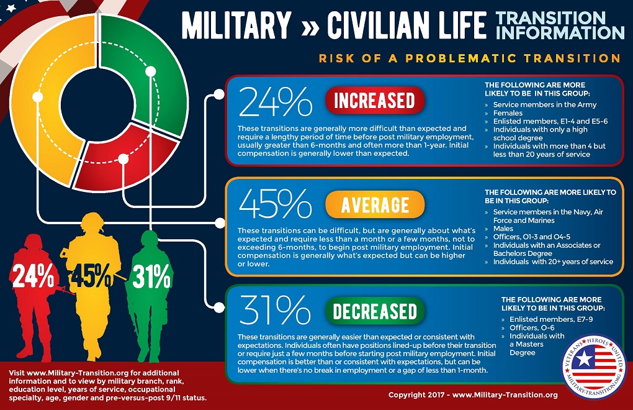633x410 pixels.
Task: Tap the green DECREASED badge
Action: click(x=374, y=311)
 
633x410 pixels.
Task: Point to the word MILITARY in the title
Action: click(x=236, y=24)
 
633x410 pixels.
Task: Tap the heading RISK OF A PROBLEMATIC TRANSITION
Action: click(x=469, y=58)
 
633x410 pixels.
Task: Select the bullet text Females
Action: click(x=508, y=113)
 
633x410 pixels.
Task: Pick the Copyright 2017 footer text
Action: click(x=473, y=394)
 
